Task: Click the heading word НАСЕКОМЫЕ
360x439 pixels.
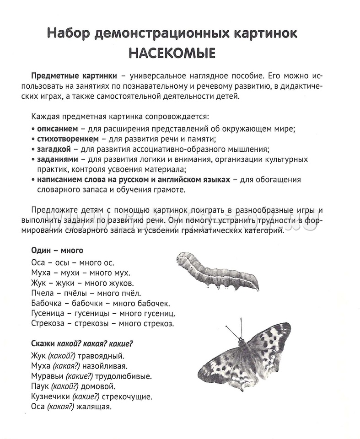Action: pyautogui.click(x=172, y=54)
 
